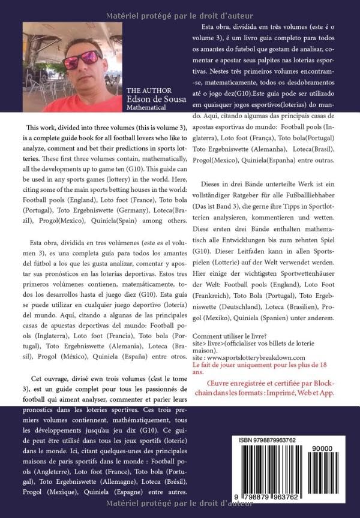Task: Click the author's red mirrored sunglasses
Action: (83, 58)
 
